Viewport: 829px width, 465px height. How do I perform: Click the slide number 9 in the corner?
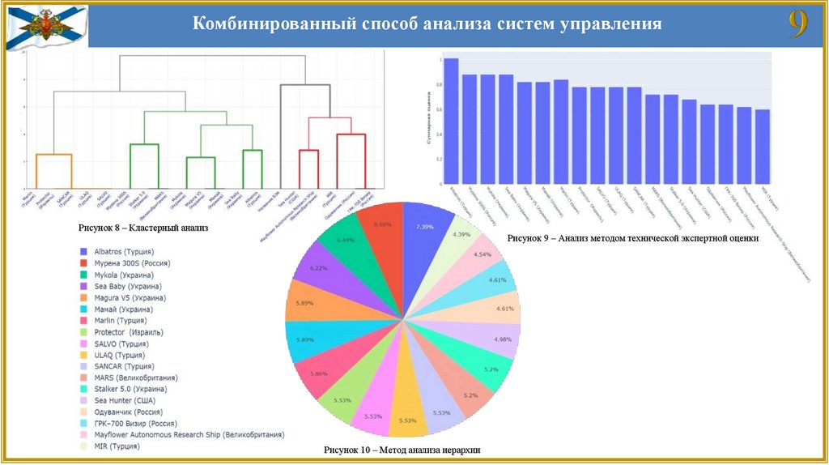(x=798, y=25)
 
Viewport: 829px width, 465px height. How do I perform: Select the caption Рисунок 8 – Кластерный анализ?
(x=143, y=228)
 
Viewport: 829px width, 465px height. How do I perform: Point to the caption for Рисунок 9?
(x=633, y=239)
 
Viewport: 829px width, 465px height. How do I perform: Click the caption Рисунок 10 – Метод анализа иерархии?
(x=403, y=450)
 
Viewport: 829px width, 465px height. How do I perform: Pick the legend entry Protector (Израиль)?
(x=129, y=332)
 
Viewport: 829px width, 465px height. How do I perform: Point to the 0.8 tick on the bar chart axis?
(x=439, y=85)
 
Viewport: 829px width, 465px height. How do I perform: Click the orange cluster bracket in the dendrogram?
(x=53, y=155)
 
